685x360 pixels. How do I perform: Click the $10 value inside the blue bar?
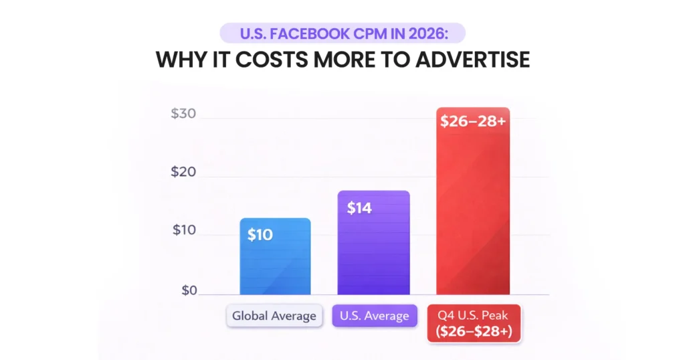tap(260, 236)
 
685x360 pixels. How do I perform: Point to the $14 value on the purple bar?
tap(359, 207)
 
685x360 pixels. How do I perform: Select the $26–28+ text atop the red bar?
tap(472, 122)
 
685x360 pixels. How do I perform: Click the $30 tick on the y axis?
tap(183, 114)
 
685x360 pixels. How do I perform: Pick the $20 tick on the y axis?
tap(183, 172)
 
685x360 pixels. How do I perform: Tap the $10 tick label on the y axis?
tap(183, 230)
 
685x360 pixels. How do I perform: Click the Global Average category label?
tap(274, 316)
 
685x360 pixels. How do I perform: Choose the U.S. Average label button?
tap(374, 316)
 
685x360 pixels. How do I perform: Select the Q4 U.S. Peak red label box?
tap(474, 323)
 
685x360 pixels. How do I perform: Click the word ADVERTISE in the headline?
tap(472, 59)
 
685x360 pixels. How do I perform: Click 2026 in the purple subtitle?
tap(439, 33)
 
